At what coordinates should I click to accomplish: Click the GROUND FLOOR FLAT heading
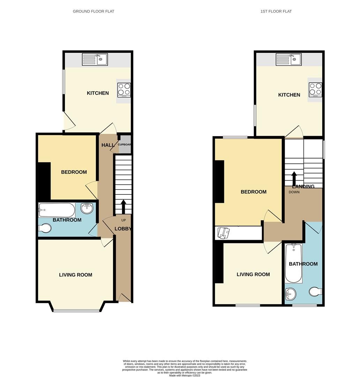93,12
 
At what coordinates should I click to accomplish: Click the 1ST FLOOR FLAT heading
276,12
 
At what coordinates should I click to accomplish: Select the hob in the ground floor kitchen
124,90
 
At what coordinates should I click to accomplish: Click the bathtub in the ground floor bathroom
57,210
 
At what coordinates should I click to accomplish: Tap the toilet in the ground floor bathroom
45,228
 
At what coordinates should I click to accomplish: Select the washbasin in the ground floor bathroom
87,208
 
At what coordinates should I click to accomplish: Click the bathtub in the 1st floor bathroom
293,263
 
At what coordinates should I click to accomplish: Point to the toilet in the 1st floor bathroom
315,291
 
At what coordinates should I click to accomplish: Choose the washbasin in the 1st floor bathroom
290,294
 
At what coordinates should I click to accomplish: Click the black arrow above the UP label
123,206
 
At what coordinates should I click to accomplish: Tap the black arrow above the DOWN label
294,178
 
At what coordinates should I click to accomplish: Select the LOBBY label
123,229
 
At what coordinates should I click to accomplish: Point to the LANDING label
303,186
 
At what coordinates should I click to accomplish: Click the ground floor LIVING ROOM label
76,275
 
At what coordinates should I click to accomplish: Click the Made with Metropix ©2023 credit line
185,375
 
